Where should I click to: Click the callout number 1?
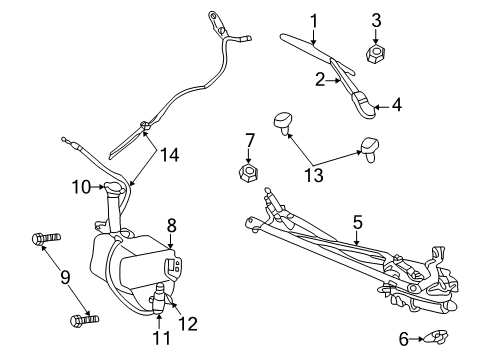coord(313,19)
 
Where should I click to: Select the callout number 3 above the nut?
coord(376,19)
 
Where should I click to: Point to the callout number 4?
coord(396,102)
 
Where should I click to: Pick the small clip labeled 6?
coord(437,338)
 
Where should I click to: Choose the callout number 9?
coord(79,185)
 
